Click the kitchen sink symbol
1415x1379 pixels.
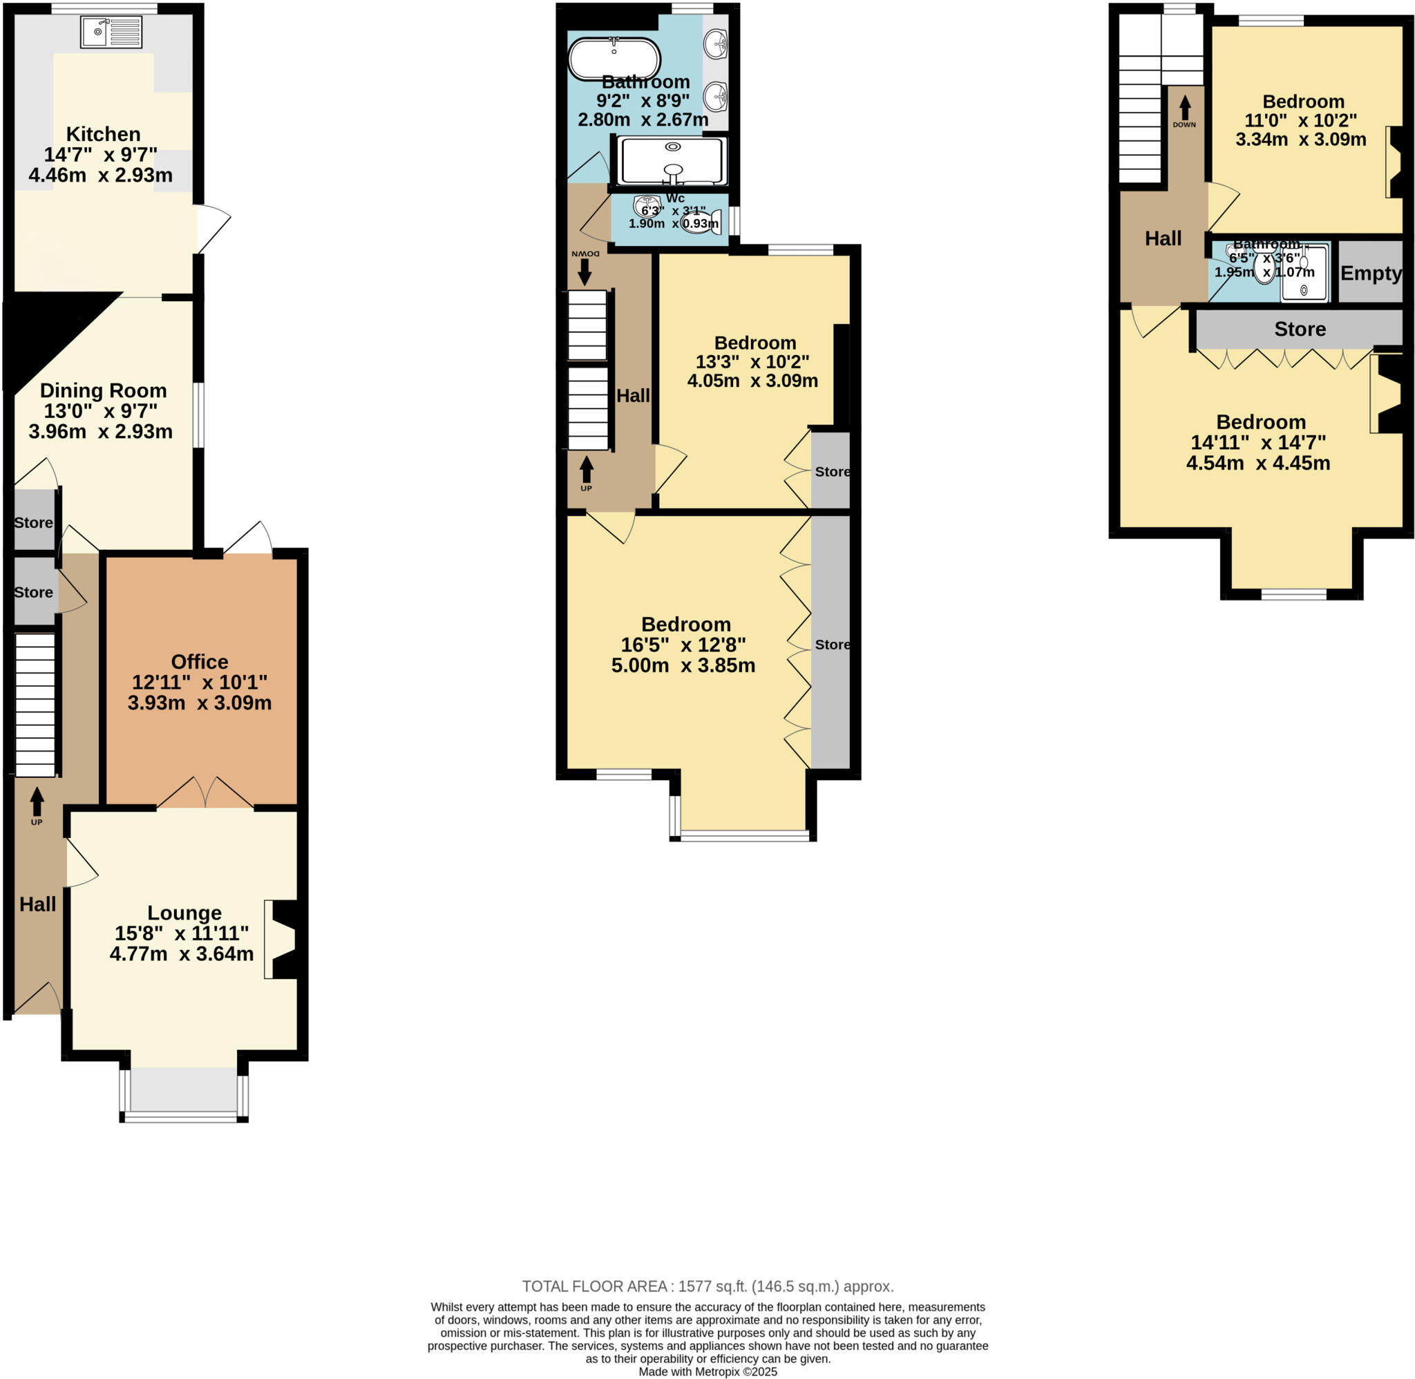coord(111,32)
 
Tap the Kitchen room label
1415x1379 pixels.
coord(103,134)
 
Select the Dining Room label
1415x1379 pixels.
coord(103,390)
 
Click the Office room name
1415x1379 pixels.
coord(199,661)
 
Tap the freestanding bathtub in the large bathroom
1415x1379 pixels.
coord(614,58)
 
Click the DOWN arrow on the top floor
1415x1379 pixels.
coord(1184,108)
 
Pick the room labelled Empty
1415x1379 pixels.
coord(1370,273)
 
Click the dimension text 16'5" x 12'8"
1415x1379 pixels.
coord(683,645)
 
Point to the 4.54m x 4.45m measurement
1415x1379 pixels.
coord(1258,463)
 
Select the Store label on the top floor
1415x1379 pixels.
coord(1299,329)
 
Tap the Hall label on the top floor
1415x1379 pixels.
coord(1162,238)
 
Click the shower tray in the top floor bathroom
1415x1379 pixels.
coord(1304,273)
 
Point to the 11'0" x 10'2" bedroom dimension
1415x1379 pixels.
coord(1300,120)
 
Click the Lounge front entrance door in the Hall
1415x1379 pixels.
coord(38,1000)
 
